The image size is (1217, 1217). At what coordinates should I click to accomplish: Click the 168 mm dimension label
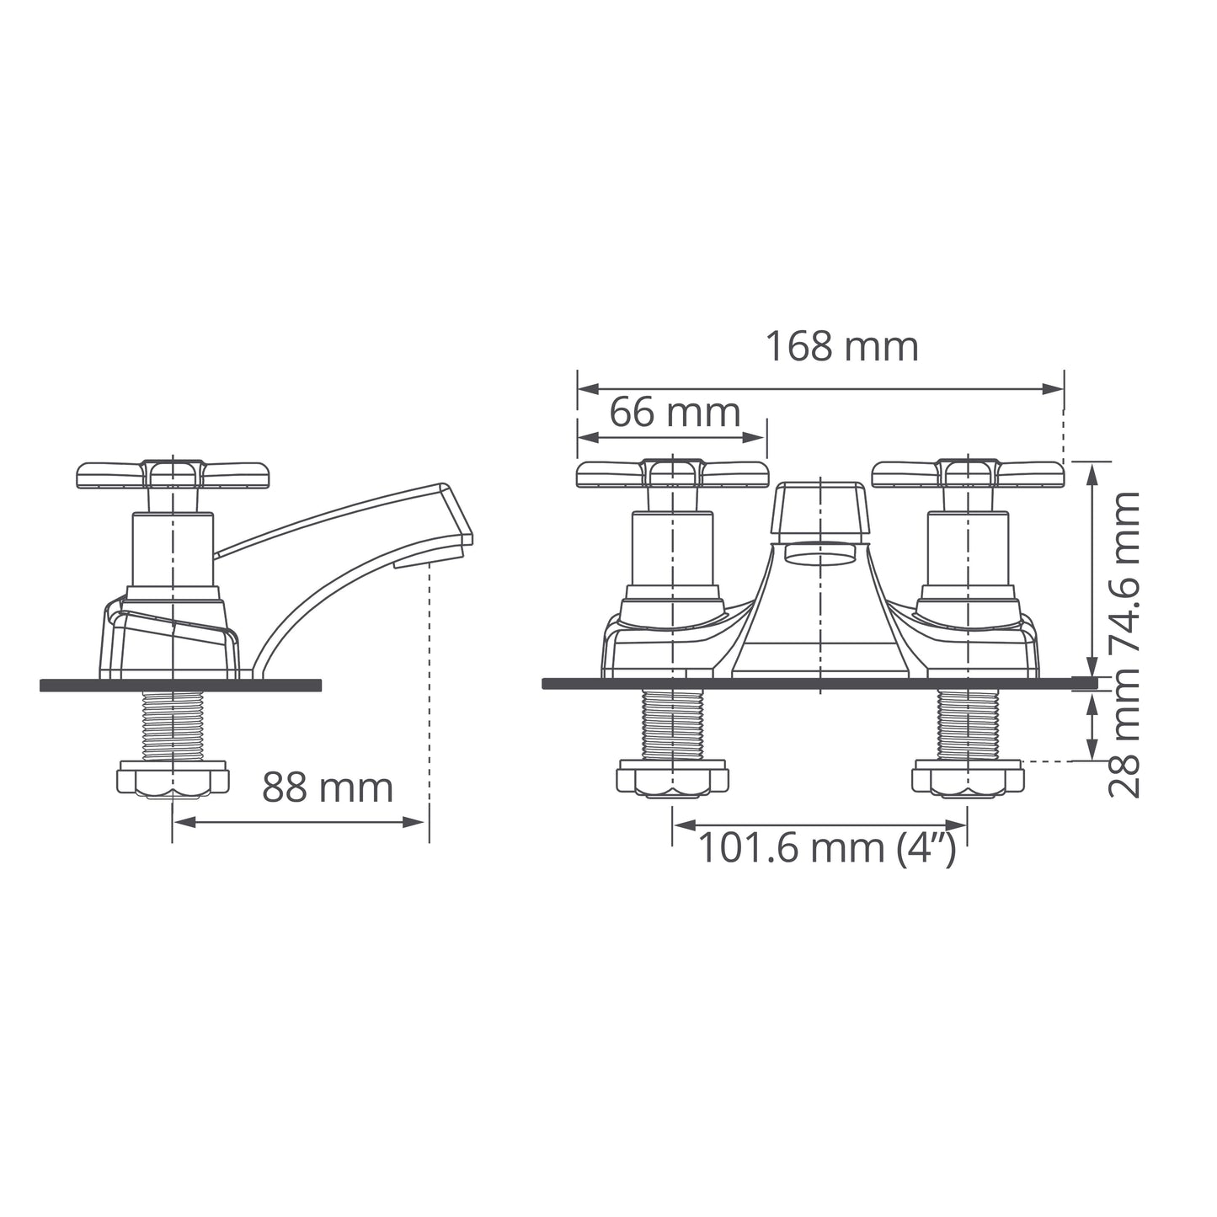(842, 347)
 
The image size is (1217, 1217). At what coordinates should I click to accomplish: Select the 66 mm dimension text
(675, 413)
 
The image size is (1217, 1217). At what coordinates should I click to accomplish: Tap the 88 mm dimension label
(327, 787)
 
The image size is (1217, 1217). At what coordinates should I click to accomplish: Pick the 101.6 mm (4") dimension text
(827, 847)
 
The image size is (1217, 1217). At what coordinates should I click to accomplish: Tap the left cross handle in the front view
(673, 474)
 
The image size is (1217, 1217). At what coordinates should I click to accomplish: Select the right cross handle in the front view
(968, 474)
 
